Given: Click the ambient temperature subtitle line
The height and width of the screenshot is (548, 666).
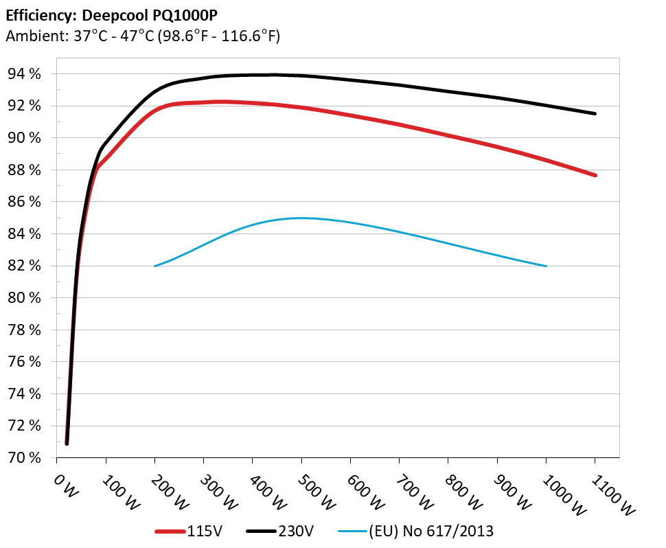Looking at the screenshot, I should tap(143, 36).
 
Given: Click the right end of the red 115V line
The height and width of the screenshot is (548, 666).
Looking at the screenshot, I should tap(595, 175).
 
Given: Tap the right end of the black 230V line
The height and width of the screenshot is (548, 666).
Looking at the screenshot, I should tap(595, 113).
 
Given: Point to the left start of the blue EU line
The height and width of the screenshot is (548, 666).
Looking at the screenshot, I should tap(155, 266).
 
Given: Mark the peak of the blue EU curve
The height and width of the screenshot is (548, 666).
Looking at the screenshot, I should tap(302, 218).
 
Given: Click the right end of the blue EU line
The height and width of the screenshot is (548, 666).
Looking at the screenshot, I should tap(546, 266).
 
